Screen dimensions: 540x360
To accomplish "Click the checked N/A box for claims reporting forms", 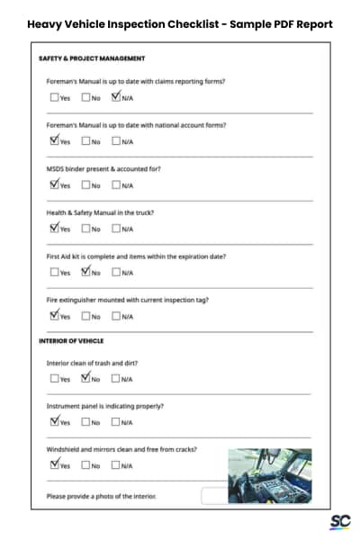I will coord(116,98).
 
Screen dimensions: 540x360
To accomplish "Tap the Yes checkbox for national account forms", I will coord(55,141).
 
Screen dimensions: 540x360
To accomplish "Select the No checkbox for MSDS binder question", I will coord(85,185).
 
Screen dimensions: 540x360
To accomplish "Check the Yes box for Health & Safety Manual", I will coord(55,229).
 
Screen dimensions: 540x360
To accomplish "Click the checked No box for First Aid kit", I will coord(85,272).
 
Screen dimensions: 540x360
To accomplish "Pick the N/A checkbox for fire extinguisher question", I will coord(116,316).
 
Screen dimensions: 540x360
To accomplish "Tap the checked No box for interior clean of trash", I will coord(85,379).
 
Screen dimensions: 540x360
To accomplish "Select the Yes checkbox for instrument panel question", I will coord(55,422).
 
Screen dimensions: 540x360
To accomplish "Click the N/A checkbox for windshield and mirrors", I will coord(116,465).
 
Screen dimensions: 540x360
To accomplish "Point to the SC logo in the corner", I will coord(339,521).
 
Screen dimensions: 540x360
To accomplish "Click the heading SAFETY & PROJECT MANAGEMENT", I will coord(92,58).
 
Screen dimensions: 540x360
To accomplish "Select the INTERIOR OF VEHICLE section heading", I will coord(71,341).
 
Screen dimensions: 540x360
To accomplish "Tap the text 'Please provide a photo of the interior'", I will coord(101,496).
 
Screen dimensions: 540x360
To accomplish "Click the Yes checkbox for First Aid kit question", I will coord(55,272).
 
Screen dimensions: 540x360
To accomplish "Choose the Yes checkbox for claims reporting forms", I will coord(55,98).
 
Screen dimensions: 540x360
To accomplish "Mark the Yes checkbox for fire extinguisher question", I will coord(55,316).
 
